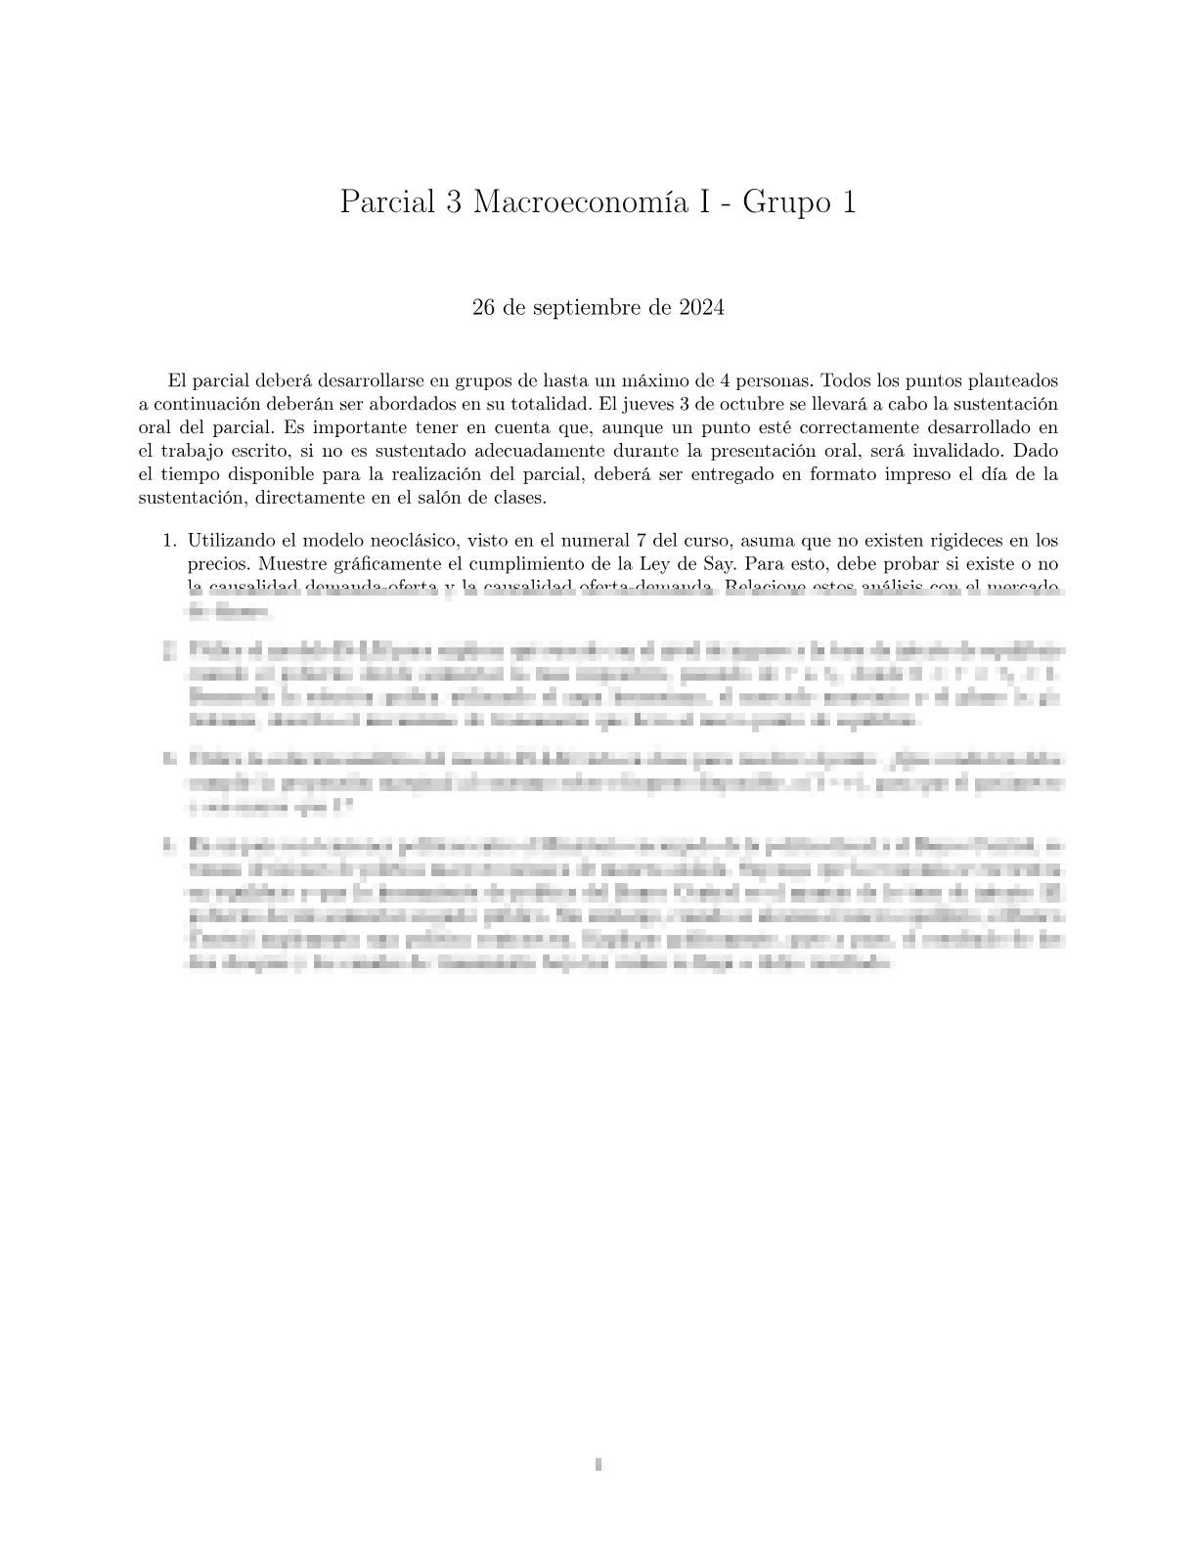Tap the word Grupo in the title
pos(782,202)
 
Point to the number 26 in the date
pos(483,308)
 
